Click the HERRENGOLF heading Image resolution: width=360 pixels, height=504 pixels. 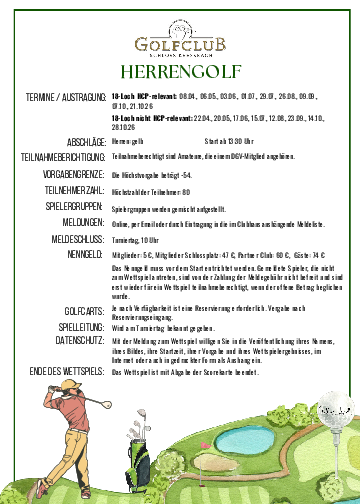coord(180,71)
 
